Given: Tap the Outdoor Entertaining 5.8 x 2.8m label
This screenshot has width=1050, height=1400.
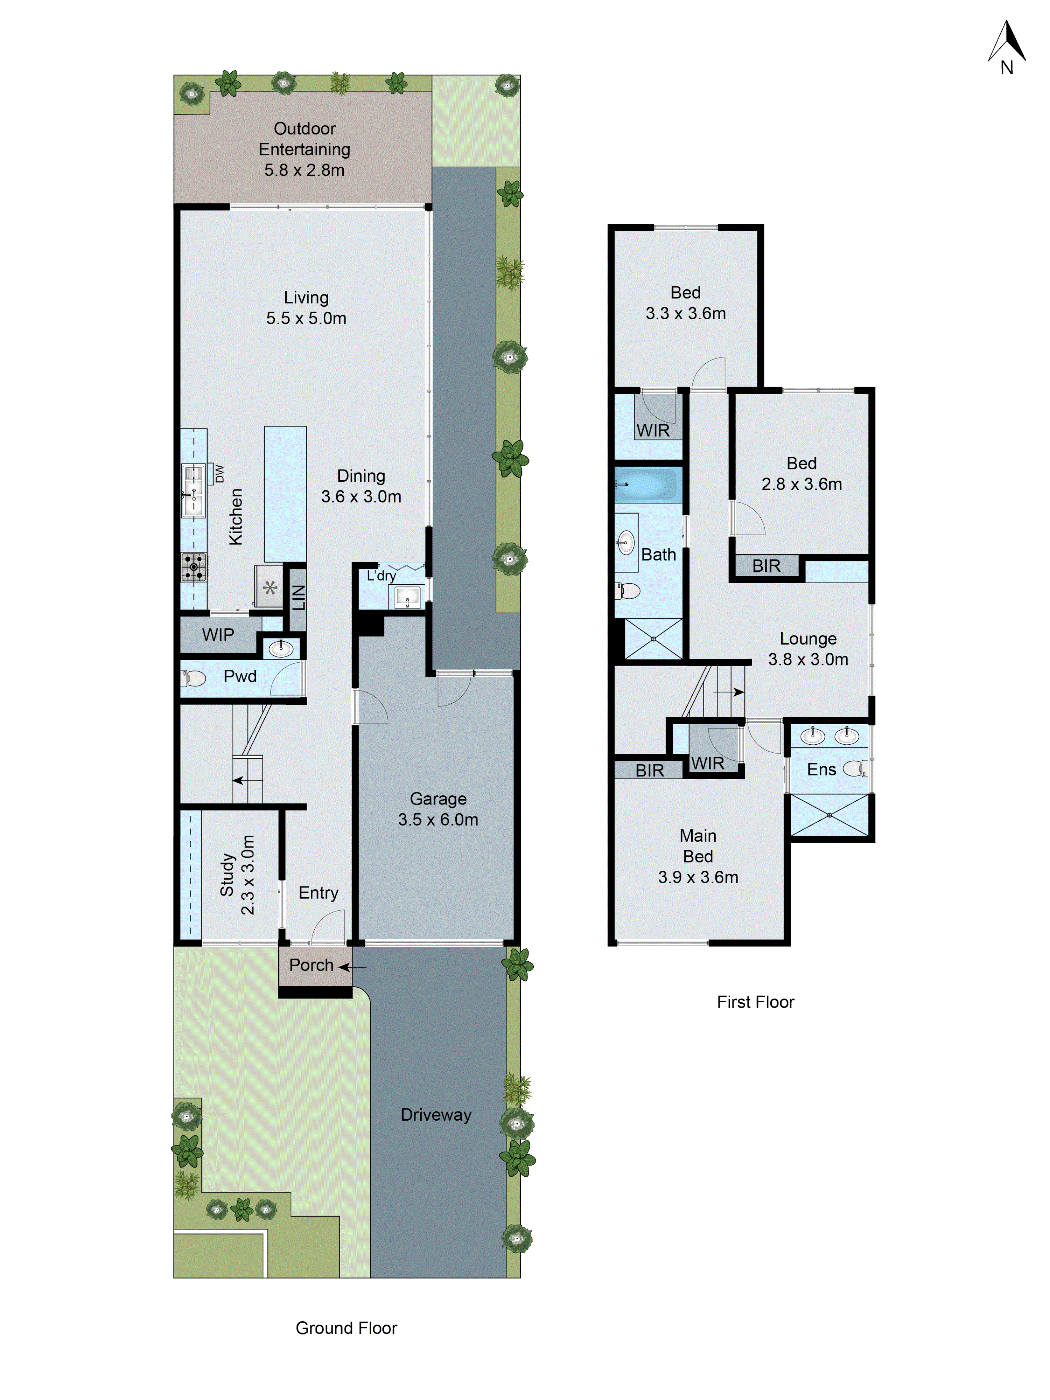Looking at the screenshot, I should (304, 149).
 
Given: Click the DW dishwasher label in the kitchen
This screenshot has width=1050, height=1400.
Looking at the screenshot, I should (219, 473).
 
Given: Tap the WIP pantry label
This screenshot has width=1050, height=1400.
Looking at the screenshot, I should (218, 635).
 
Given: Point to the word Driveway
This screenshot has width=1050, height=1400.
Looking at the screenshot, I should (436, 1115).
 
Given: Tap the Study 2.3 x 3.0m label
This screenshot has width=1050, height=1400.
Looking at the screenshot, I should (237, 875).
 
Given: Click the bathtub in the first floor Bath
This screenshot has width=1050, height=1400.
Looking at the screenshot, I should (645, 485).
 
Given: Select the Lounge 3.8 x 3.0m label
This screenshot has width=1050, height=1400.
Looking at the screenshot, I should (808, 649).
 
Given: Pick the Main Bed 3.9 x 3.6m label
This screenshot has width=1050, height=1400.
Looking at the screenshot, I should (698, 856).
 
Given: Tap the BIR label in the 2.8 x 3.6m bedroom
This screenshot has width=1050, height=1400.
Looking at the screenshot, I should (766, 566).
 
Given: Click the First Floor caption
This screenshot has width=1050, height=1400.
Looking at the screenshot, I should (755, 1002).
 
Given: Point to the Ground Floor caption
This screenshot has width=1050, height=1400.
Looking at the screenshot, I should (346, 1328).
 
